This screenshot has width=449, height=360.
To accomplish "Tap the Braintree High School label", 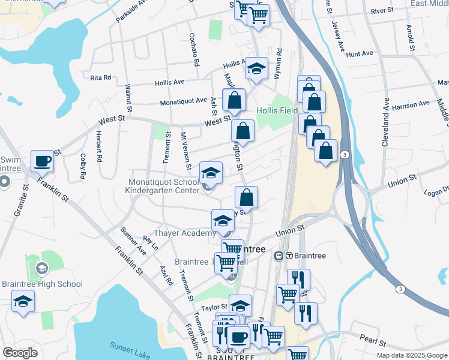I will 42,284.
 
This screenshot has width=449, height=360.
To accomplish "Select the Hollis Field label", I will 277,110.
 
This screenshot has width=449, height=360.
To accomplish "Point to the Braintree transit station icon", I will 279,256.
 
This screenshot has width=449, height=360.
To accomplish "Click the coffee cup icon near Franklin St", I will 42,161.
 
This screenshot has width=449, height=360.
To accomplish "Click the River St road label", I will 382,11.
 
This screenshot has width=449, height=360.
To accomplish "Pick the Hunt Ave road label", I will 360,54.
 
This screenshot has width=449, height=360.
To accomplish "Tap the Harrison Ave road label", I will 411,104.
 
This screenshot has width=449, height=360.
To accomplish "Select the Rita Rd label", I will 100,77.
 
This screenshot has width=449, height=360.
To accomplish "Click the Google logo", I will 20,353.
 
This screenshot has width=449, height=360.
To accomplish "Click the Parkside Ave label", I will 131,11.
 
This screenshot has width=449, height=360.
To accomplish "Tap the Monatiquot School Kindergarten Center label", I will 161,186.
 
